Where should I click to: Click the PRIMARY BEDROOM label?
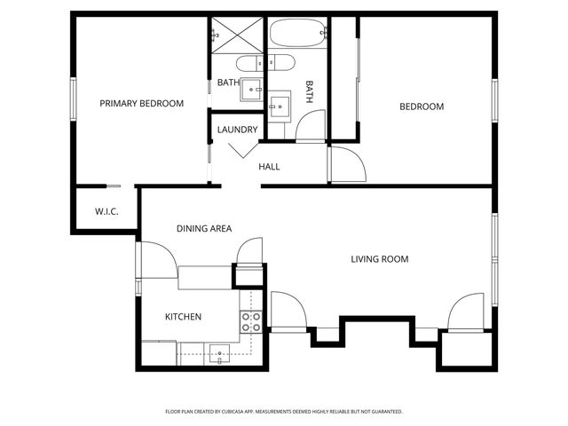click(x=141, y=104)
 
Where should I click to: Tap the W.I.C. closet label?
click(x=106, y=212)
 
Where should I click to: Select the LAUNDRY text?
click(x=237, y=130)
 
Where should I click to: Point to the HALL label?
click(x=269, y=167)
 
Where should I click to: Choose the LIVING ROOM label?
click(x=379, y=259)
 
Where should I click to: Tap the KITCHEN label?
click(x=183, y=317)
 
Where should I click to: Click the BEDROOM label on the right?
click(x=421, y=106)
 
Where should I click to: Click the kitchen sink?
click(x=218, y=353)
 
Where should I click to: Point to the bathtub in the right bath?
click(x=297, y=35)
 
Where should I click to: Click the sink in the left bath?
click(x=253, y=88)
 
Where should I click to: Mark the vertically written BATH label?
click(x=310, y=92)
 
